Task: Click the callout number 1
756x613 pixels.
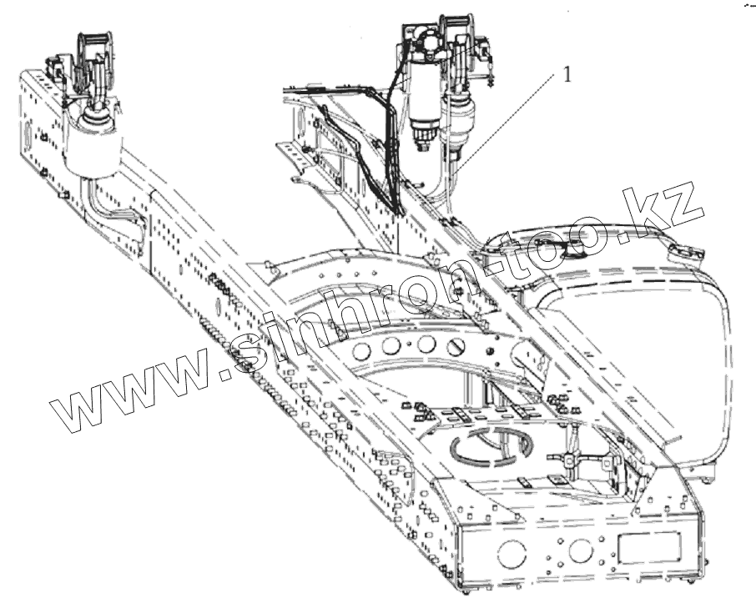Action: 567,74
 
